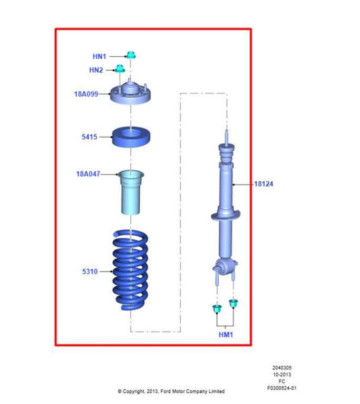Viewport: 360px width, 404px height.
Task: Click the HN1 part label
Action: pos(99,56)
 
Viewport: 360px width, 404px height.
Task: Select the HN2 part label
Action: pos(96,70)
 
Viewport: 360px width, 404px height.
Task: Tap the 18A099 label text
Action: pos(86,94)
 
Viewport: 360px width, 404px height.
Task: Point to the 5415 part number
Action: pos(89,137)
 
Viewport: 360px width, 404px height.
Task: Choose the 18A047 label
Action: pos(88,174)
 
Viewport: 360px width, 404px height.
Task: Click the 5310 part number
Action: pos(90,272)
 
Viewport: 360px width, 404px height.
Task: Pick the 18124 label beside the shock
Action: pos(263,184)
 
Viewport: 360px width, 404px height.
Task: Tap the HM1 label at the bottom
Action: pos(226,334)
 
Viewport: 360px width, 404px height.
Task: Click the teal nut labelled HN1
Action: pos(131,55)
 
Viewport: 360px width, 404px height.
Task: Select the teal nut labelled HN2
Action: pos(120,68)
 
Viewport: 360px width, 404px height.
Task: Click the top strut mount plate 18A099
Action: pos(130,93)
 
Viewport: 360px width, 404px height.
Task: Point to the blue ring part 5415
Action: pos(131,137)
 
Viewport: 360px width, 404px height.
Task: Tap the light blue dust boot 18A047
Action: pos(131,193)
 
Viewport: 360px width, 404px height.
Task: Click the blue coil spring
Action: pos(130,270)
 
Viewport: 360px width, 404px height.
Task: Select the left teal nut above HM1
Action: pos(217,309)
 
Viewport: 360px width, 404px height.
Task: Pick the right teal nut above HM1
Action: pos(233,303)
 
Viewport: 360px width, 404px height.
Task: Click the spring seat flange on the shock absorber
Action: pos(226,216)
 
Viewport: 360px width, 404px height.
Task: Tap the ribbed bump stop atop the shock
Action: pos(226,153)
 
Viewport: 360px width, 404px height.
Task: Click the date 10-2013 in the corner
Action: pos(282,375)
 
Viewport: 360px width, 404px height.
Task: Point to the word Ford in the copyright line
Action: pos(165,391)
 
